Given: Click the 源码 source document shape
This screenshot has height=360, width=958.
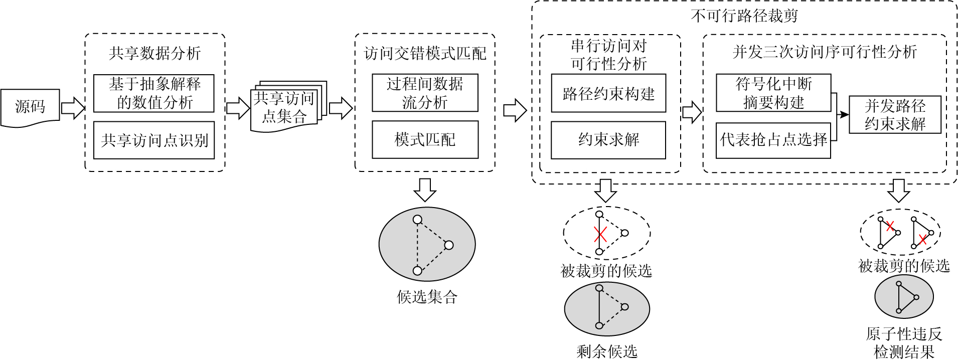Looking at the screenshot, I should point(30,107).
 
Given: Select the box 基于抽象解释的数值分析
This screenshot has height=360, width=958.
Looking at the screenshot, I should point(154,93).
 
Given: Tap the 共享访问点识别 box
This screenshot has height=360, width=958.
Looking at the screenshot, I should point(154,140).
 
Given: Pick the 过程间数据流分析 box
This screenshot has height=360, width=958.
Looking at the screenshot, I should point(425,93).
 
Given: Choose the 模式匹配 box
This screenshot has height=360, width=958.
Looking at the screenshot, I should point(425,140).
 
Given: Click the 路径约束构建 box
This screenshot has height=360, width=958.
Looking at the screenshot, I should point(608,93).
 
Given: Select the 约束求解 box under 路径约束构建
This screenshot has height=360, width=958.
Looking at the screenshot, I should point(608,140).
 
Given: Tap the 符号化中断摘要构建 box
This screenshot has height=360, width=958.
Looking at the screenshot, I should point(773,93).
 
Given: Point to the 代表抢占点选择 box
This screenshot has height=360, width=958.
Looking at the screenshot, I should point(773,140).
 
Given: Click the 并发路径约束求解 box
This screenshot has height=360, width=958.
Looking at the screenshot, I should point(895,115).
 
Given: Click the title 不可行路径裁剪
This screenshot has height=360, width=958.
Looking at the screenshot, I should point(744,16).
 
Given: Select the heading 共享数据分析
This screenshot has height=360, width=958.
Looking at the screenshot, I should point(154,53).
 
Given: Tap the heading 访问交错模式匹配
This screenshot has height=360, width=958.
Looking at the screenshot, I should point(425,53).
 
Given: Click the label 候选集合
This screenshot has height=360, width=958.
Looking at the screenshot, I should point(427,297).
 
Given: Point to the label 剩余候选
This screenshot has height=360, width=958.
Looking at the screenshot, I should point(607,351).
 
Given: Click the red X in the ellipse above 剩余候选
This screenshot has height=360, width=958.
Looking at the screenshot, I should point(600,234).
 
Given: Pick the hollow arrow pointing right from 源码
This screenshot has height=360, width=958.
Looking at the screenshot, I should point(73,107).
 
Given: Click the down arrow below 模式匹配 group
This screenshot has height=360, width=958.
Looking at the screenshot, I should point(425,189).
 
